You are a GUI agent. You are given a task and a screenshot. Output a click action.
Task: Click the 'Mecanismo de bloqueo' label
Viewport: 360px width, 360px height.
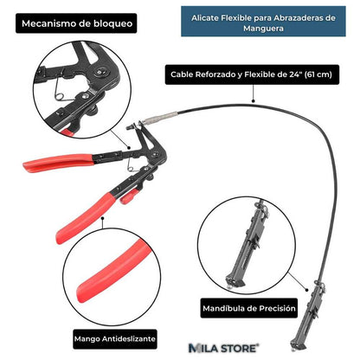tap(71, 24)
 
